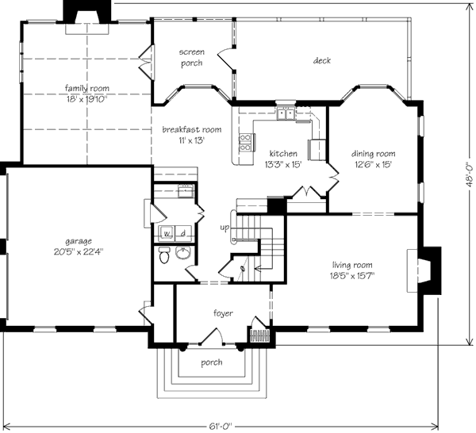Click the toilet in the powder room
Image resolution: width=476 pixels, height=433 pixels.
click(164, 255)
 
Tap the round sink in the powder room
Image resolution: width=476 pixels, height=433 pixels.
click(182, 253)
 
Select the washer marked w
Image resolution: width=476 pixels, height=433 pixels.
click(167, 233)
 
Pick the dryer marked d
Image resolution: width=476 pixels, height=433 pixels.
click(183, 233)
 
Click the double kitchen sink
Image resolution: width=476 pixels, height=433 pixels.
click(286, 114)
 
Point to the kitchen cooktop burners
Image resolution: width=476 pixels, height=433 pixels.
click(246, 143)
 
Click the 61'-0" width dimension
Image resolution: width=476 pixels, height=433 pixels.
click(221, 426)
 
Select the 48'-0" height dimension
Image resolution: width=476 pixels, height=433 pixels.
click(470, 175)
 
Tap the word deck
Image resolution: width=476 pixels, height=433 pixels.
click(322, 60)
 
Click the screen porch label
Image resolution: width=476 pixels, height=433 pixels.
click(191, 57)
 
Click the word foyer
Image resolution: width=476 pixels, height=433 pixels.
click(223, 313)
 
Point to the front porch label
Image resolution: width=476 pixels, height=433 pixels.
click(212, 362)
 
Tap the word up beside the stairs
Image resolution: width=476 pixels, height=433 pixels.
click(225, 228)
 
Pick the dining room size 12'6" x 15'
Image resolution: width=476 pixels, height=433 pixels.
click(373, 164)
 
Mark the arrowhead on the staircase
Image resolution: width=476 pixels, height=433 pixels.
click(257, 268)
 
